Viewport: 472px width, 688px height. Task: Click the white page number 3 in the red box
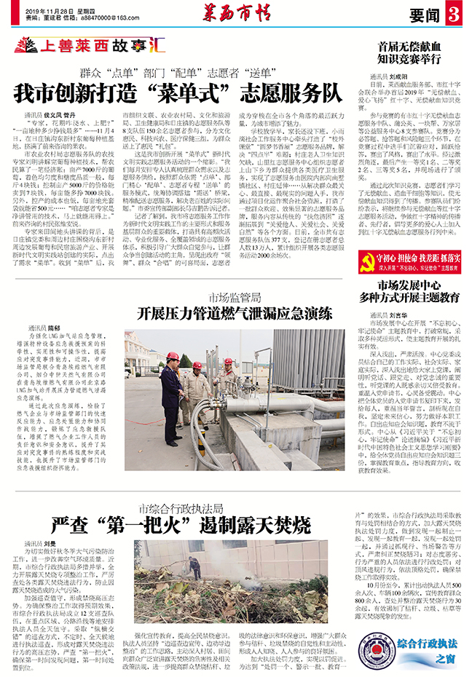pyautogui.click(x=455, y=13)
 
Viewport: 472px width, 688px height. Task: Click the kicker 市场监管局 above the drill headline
pyautogui.click(x=234, y=298)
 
